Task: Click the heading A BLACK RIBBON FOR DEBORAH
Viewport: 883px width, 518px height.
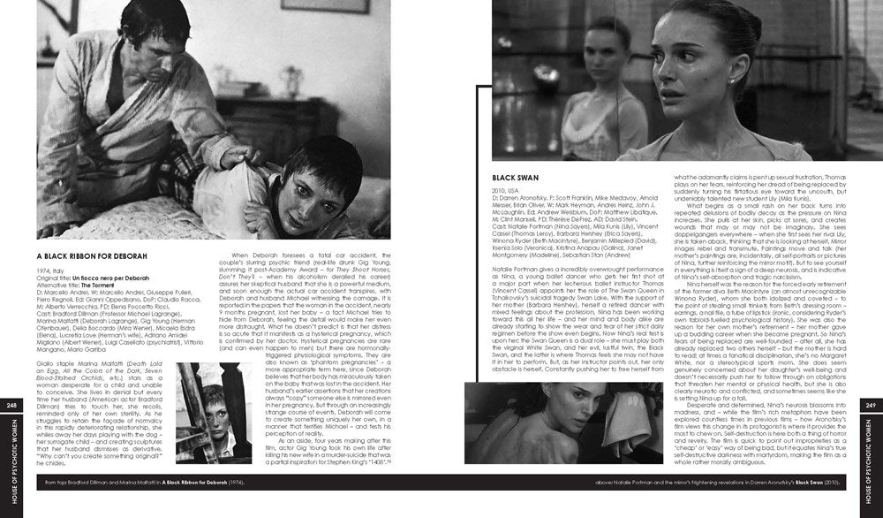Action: click(92, 255)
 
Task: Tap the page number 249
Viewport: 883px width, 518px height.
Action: click(871, 405)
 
